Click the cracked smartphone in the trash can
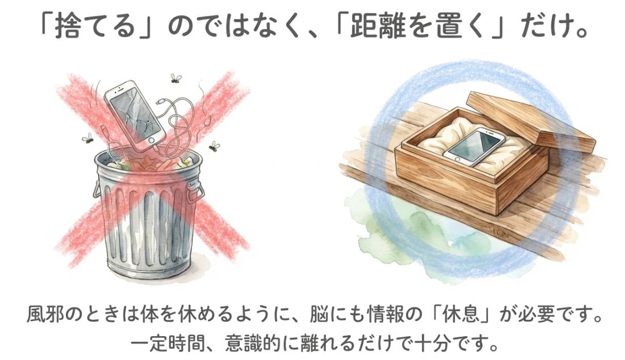pos(134,113)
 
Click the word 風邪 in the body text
pos(45,315)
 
